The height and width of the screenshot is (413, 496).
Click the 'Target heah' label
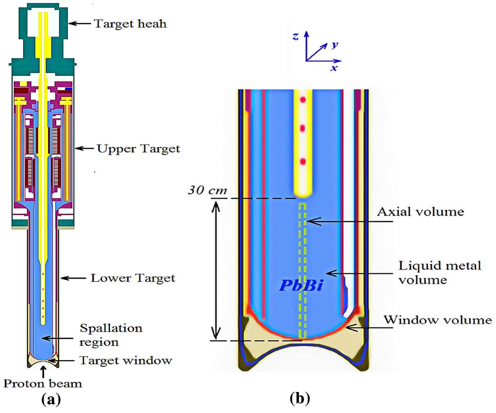(x=130, y=24)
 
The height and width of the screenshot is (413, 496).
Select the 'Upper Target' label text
(x=138, y=149)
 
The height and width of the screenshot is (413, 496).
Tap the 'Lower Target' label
(x=133, y=278)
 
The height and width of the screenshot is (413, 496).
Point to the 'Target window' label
(x=126, y=360)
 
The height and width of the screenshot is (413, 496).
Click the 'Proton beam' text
(x=43, y=383)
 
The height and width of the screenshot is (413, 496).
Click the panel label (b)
(x=300, y=399)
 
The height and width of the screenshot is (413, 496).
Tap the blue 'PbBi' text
(x=301, y=285)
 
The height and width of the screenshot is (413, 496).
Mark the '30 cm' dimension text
(x=207, y=190)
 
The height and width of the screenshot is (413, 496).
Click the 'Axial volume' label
(x=420, y=212)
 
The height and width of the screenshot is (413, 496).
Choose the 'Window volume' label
(x=438, y=320)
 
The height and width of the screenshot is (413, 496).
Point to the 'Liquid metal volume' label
(x=439, y=272)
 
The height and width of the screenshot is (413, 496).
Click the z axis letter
(x=296, y=37)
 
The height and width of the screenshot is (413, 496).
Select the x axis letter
(x=334, y=68)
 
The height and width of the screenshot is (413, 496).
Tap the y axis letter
(x=334, y=45)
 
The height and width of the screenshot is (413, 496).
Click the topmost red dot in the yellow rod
(x=302, y=99)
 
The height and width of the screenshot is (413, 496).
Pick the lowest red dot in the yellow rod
(x=302, y=161)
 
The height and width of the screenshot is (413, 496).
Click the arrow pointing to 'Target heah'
(x=81, y=23)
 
